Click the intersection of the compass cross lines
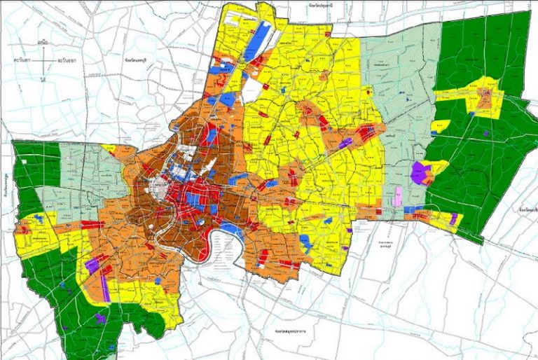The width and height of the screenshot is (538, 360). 43,61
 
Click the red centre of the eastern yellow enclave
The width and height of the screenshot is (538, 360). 484,95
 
